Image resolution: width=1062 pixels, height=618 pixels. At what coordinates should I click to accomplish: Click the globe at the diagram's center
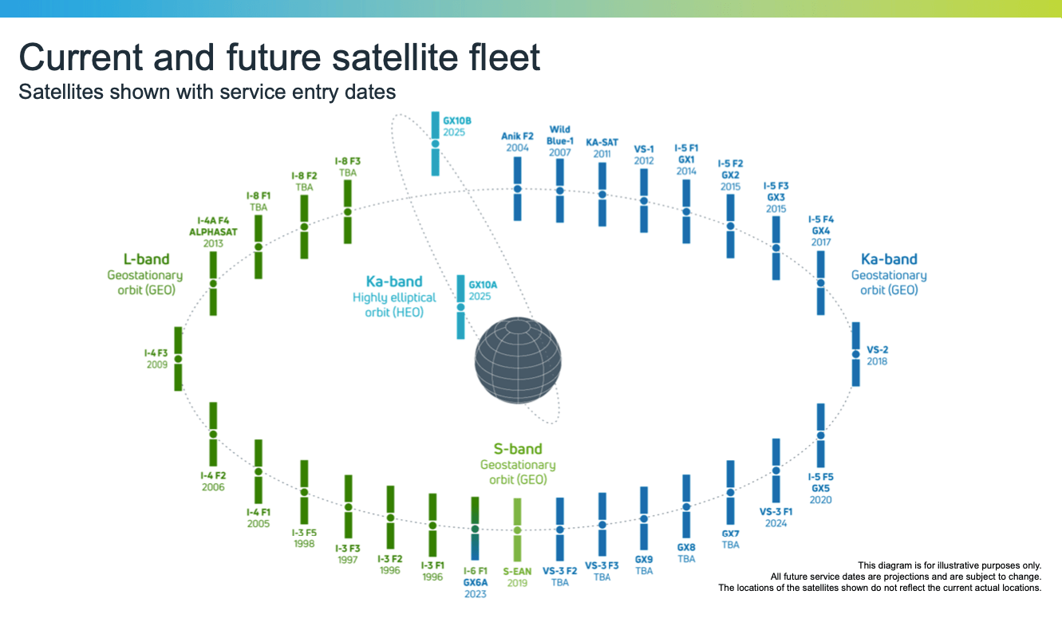tap(518, 361)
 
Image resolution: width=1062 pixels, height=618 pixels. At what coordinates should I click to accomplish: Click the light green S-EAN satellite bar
tap(518, 529)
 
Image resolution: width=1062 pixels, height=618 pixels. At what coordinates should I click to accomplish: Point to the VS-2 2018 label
tap(877, 356)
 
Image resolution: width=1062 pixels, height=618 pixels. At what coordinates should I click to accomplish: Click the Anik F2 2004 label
tap(517, 142)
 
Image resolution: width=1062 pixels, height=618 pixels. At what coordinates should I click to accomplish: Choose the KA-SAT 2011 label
tap(602, 148)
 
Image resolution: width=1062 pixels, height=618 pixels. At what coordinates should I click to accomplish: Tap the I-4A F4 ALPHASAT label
tap(213, 231)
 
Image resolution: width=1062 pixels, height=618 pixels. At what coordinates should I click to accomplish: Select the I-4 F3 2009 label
tap(156, 358)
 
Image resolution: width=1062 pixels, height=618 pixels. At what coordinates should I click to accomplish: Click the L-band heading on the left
tap(145, 259)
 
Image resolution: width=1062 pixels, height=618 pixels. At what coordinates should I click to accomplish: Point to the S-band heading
tap(518, 449)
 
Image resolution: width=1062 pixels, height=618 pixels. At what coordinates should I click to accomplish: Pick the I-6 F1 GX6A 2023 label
tap(475, 582)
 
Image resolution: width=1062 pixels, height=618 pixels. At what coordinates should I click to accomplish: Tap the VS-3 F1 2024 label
tap(776, 518)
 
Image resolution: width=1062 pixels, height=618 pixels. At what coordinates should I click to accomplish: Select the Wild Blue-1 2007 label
tap(559, 140)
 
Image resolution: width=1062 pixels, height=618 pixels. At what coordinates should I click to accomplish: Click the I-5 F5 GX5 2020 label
tap(821, 488)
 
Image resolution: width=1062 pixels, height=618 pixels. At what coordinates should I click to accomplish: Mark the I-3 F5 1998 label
tap(304, 538)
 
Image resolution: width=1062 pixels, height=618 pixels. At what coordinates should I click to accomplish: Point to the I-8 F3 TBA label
tap(348, 167)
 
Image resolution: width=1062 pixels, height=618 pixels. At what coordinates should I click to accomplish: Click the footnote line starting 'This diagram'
tap(949, 565)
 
